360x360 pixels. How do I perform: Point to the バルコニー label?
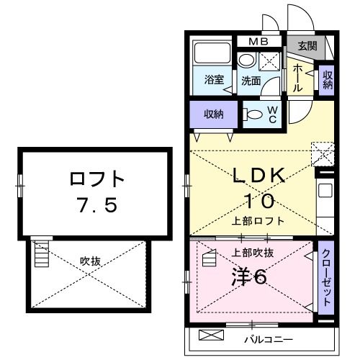pyautogui.click(x=267, y=338)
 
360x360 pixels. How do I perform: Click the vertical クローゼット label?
pyautogui.click(x=326, y=277)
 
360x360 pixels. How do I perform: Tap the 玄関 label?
pyautogui.click(x=307, y=46)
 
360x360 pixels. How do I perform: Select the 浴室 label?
pyautogui.click(x=212, y=80)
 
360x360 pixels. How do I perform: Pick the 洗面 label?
pyautogui.click(x=251, y=81)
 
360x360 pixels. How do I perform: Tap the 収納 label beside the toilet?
pyautogui.click(x=213, y=114)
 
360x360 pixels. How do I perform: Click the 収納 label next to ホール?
pyautogui.click(x=328, y=78)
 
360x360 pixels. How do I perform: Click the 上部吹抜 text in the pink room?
pyautogui.click(x=252, y=253)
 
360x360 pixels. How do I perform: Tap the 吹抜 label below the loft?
pyautogui.click(x=90, y=261)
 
